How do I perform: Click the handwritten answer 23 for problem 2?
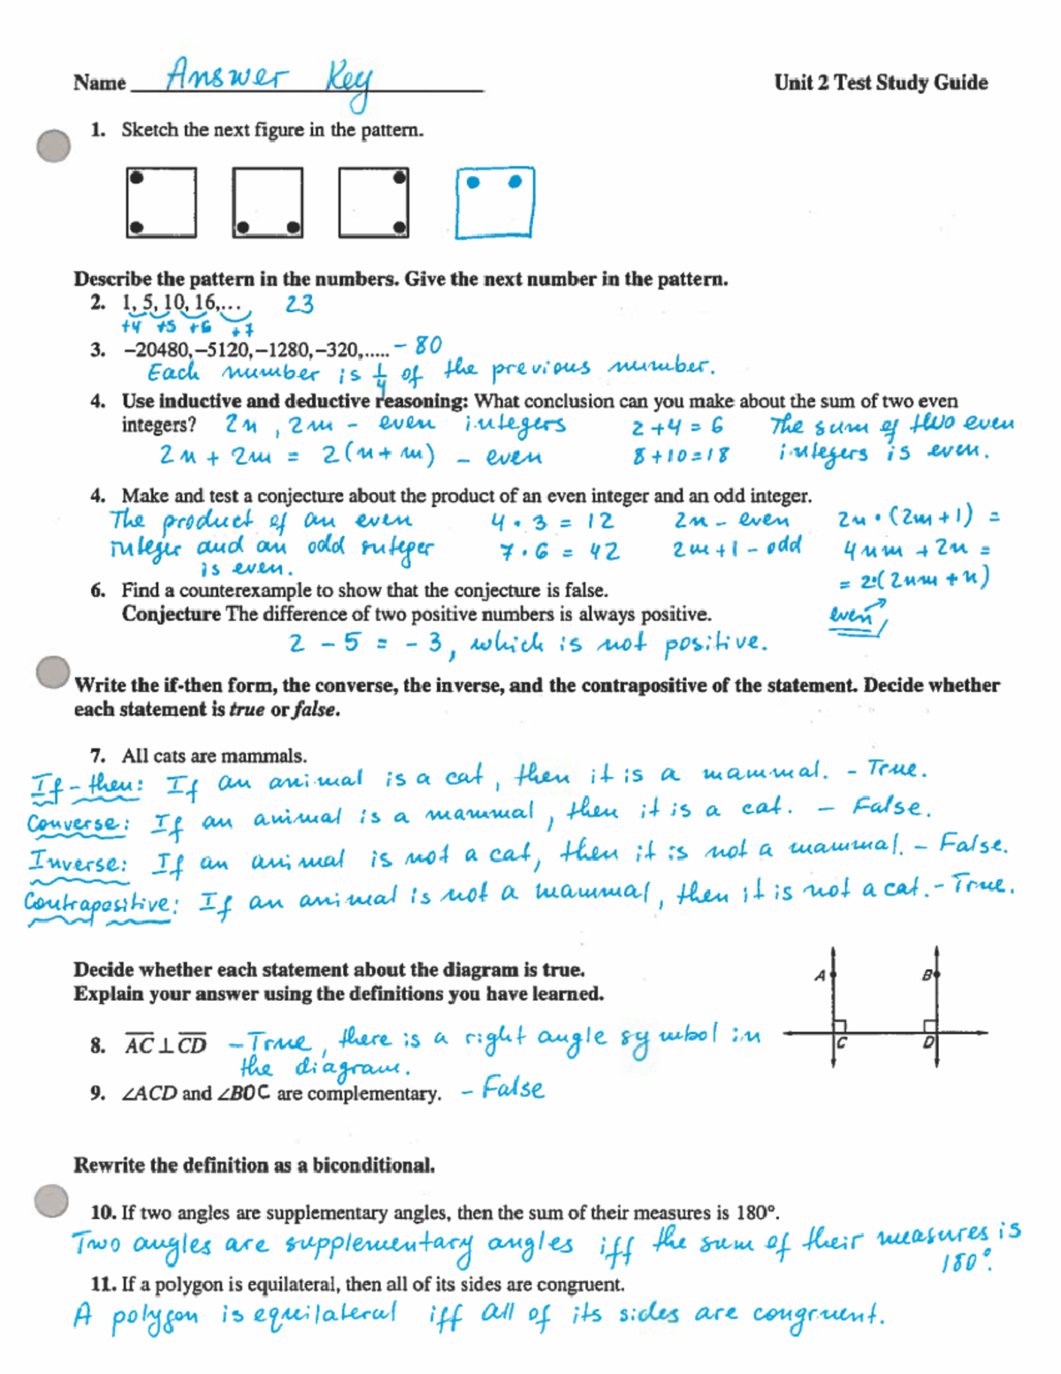(300, 304)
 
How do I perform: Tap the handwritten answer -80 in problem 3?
(418, 345)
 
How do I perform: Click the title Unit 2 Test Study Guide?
(881, 82)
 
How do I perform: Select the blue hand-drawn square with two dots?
(495, 203)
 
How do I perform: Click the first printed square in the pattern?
(161, 203)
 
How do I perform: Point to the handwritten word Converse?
(76, 824)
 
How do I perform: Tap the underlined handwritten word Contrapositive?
(97, 902)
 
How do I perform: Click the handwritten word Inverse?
(78, 862)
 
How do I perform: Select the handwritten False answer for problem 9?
(513, 1089)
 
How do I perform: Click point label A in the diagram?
(820, 975)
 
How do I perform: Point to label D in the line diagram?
(927, 1043)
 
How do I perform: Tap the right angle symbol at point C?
(840, 1026)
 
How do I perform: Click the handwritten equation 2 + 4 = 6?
(677, 427)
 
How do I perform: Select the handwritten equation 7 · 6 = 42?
(560, 552)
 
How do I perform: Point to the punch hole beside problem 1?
(53, 145)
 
